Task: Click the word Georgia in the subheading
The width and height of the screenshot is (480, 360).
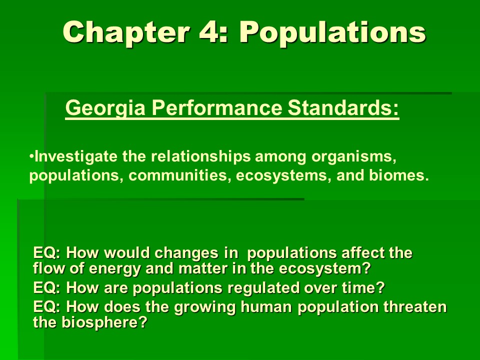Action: pos(105,108)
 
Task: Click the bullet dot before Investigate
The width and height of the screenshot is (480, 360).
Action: pos(31,156)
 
